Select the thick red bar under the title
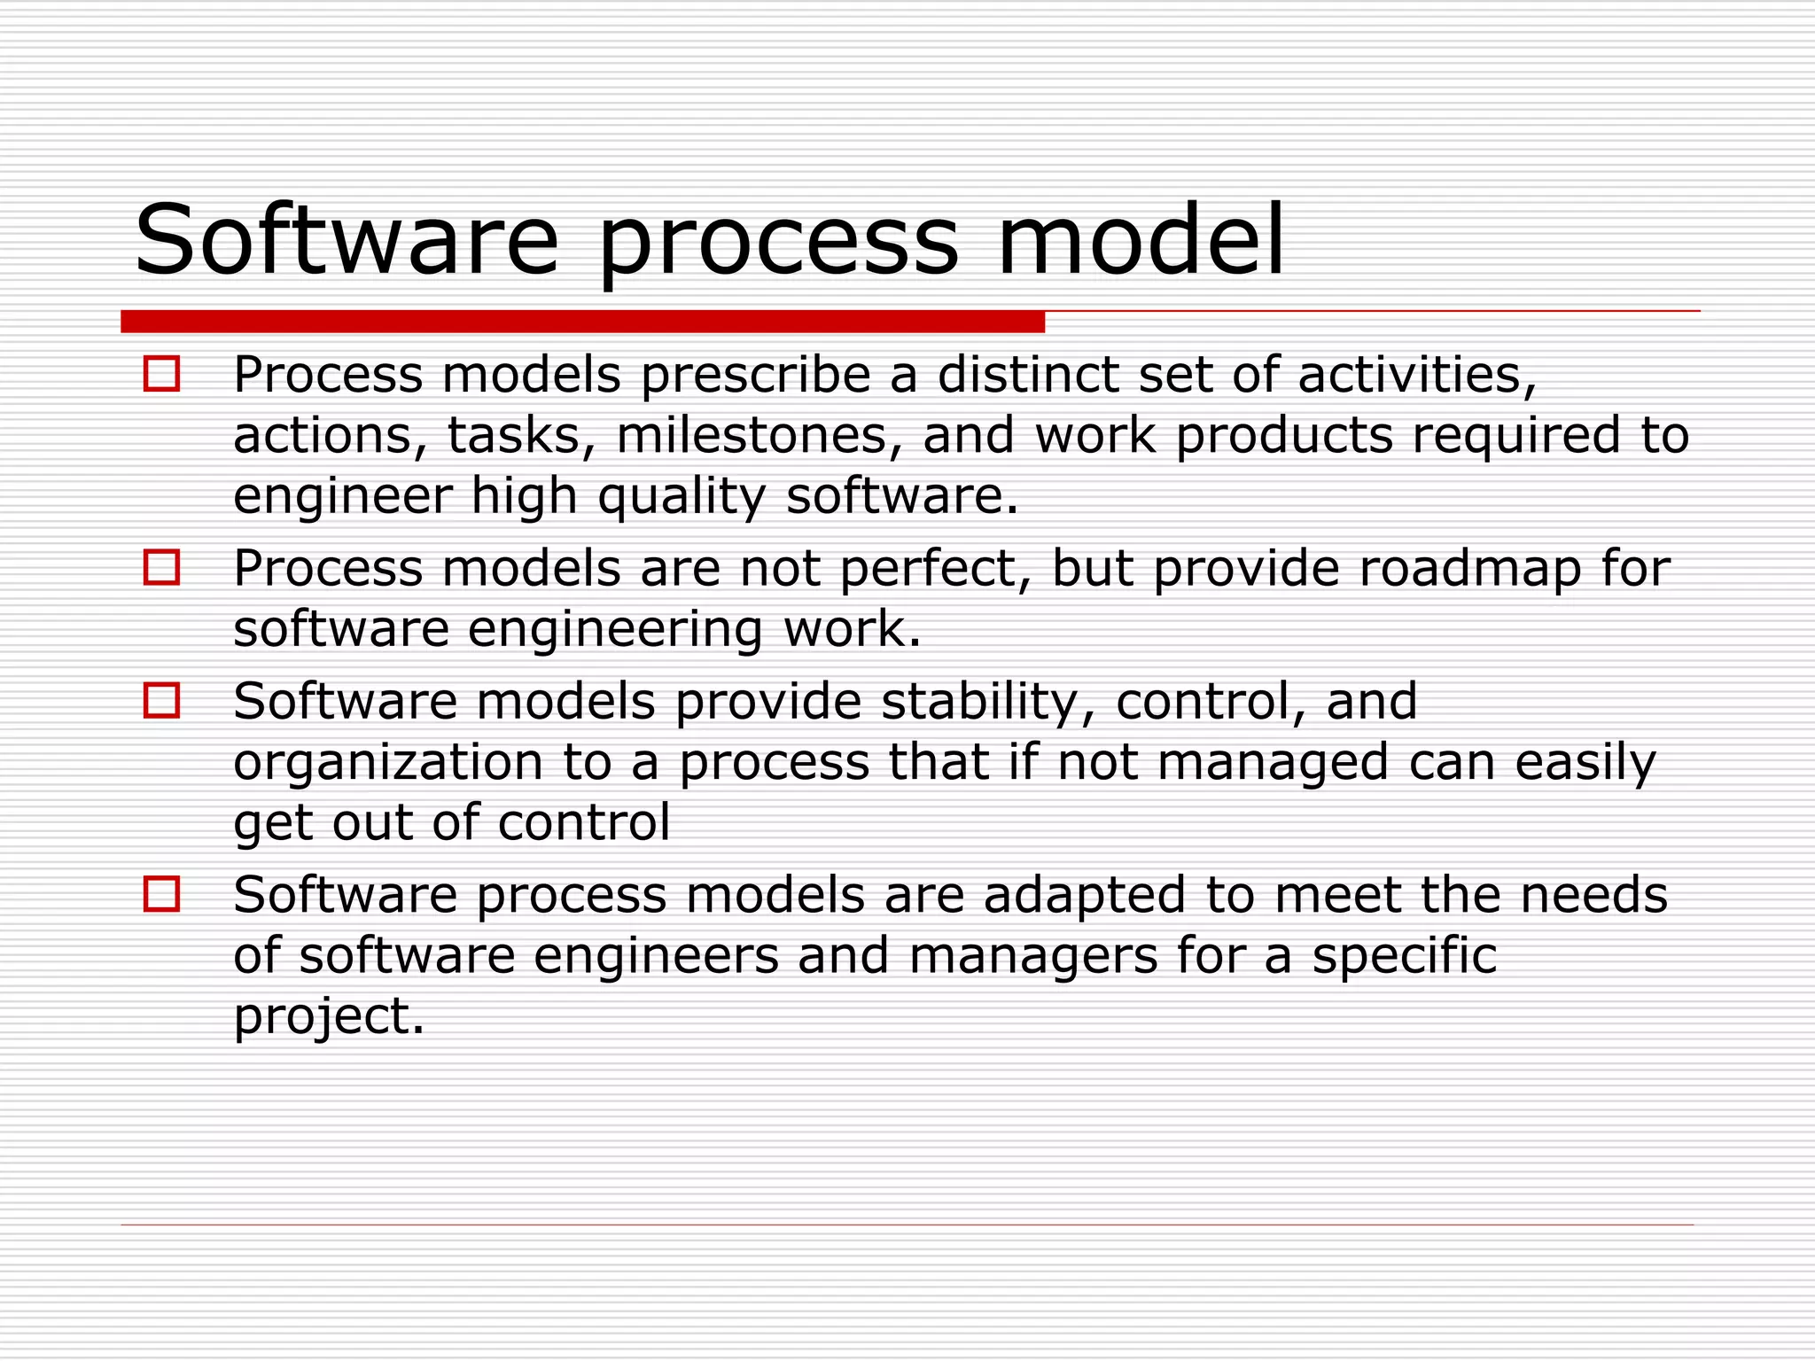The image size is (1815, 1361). tap(582, 322)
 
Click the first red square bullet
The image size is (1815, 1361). tap(161, 374)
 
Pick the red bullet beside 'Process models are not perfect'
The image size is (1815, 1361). tap(161, 567)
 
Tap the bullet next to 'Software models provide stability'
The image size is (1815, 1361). tap(161, 700)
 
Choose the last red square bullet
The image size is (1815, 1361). tap(161, 894)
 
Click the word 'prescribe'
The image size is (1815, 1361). tap(756, 376)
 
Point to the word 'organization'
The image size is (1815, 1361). tap(388, 763)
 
